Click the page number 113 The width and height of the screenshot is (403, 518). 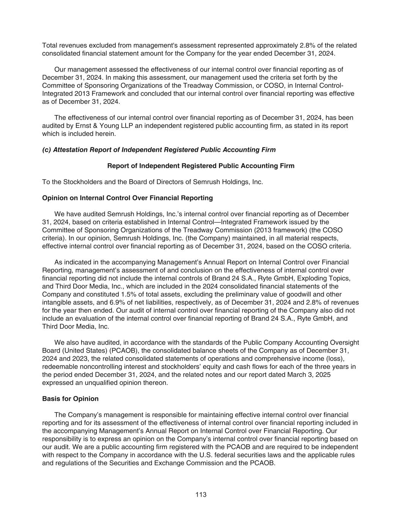pos(201,494)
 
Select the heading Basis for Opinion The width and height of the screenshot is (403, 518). pos(70,399)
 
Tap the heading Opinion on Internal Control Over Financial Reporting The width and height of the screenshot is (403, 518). pos(127,198)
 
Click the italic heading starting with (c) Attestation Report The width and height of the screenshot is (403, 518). pos(159,150)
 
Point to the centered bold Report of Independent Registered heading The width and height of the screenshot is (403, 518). pos(201,166)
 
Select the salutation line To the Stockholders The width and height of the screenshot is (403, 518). pos(152,182)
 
